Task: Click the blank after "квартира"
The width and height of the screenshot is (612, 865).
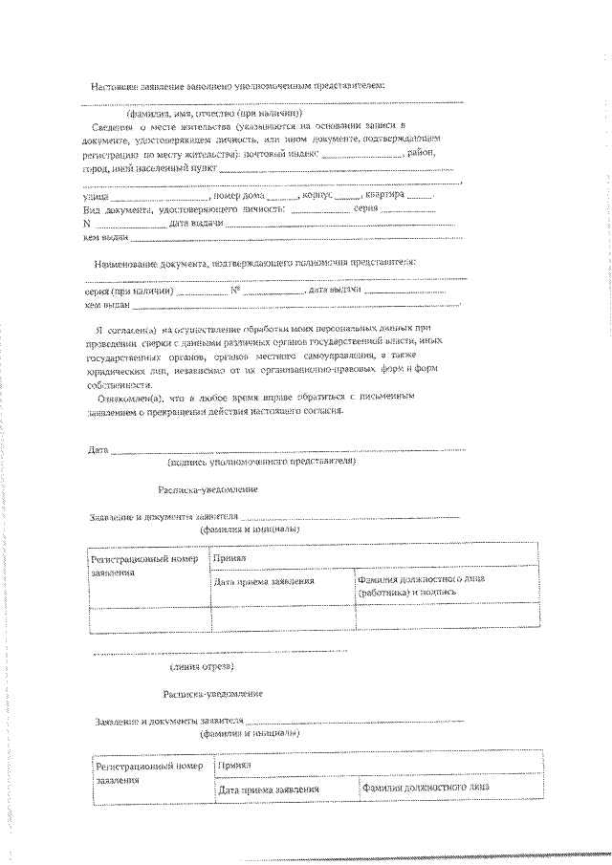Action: (x=417, y=195)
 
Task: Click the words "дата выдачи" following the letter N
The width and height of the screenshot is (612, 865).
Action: (x=196, y=224)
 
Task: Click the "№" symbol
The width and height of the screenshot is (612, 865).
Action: (x=234, y=291)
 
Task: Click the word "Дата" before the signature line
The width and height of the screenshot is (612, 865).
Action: (x=97, y=448)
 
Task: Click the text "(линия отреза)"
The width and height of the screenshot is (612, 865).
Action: (x=201, y=666)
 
